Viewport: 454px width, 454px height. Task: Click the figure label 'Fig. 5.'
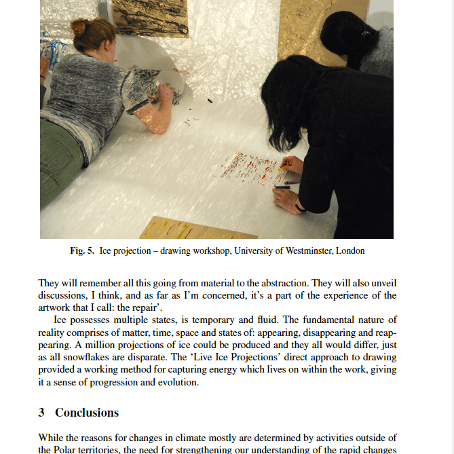pyautogui.click(x=82, y=251)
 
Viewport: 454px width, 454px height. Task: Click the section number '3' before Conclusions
pyautogui.click(x=41, y=413)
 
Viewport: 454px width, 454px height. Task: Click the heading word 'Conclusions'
pyautogui.click(x=87, y=413)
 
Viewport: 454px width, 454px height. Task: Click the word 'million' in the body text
pyautogui.click(x=96, y=345)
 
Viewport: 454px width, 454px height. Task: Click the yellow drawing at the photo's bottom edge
pyautogui.click(x=190, y=228)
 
